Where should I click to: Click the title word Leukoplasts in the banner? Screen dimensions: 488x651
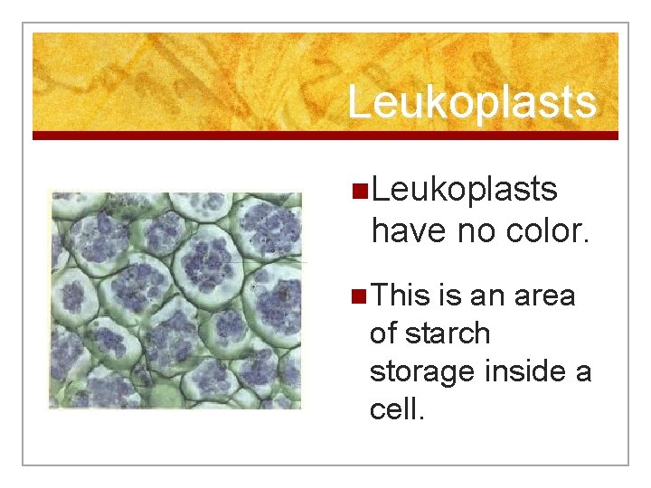[x=472, y=101]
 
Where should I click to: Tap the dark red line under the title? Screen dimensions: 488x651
[x=325, y=136]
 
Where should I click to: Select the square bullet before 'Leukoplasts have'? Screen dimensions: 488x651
[x=360, y=191]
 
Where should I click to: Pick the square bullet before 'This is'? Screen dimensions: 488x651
[x=360, y=296]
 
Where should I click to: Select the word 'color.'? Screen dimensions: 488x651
[x=545, y=231]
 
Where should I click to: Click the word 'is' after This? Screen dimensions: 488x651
[x=449, y=295]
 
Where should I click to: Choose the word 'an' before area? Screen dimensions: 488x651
[x=489, y=296]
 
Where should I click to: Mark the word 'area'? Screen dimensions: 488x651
[x=546, y=296]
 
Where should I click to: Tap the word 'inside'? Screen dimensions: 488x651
[x=528, y=371]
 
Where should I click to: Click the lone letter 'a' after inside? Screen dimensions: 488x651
[x=583, y=372]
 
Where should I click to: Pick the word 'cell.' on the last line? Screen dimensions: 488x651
[x=397, y=409]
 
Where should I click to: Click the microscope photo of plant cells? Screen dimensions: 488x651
[x=175, y=300]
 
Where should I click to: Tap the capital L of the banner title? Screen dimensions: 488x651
[x=359, y=101]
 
